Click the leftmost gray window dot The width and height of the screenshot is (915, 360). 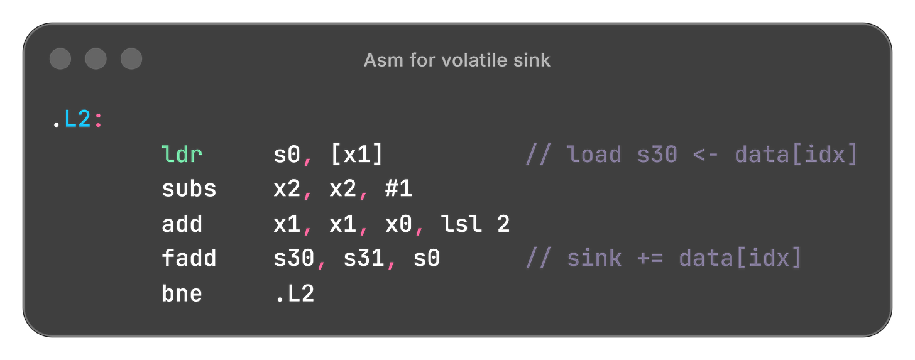60,59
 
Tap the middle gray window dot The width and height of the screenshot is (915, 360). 96,59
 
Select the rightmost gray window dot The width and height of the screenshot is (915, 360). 131,59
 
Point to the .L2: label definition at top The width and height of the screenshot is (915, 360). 76,119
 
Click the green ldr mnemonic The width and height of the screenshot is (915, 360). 182,155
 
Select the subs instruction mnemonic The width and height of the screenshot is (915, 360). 189,189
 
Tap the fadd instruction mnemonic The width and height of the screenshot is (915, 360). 189,258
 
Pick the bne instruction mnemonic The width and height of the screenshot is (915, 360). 182,293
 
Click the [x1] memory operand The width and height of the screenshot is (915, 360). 356,155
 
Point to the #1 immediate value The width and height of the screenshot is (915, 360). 398,189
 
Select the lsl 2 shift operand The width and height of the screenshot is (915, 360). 481,224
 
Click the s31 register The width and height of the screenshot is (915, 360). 363,258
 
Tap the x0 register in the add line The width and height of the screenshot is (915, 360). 398,224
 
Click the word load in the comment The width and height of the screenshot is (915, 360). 594,155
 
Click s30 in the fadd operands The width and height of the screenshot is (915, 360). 294,258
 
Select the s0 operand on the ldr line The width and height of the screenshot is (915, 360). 287,155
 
